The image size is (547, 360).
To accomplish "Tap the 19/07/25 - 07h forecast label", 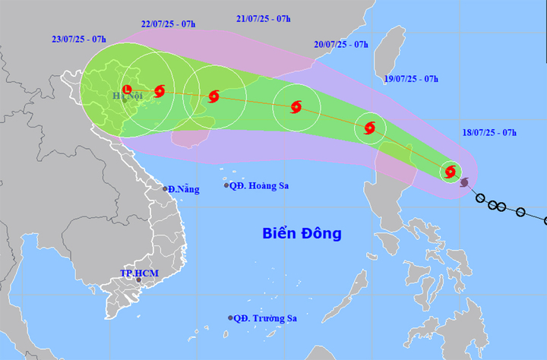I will click(x=409, y=78).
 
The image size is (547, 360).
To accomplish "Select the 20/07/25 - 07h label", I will click(x=341, y=44).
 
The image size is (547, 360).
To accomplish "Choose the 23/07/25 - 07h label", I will click(x=79, y=37).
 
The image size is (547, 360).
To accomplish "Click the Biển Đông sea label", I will click(x=302, y=233).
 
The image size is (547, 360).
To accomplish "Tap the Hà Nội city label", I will click(x=128, y=96).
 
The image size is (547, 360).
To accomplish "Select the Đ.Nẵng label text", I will click(x=185, y=189).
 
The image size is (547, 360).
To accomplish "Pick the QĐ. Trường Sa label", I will click(x=265, y=318).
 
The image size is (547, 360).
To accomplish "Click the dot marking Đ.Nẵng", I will click(x=165, y=189).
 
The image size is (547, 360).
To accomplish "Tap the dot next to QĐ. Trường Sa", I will click(x=229, y=318).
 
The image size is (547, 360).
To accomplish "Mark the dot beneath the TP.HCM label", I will click(x=138, y=281).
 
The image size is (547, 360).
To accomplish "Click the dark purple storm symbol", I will click(x=464, y=182).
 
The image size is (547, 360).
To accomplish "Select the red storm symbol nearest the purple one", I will click(x=451, y=172).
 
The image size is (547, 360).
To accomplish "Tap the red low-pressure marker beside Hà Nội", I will click(x=127, y=87).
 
